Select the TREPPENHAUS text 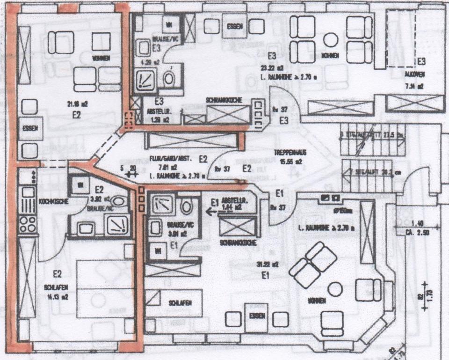click(289, 152)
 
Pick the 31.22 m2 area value click(265, 264)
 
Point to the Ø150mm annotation click(341, 210)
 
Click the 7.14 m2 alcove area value click(414, 86)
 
